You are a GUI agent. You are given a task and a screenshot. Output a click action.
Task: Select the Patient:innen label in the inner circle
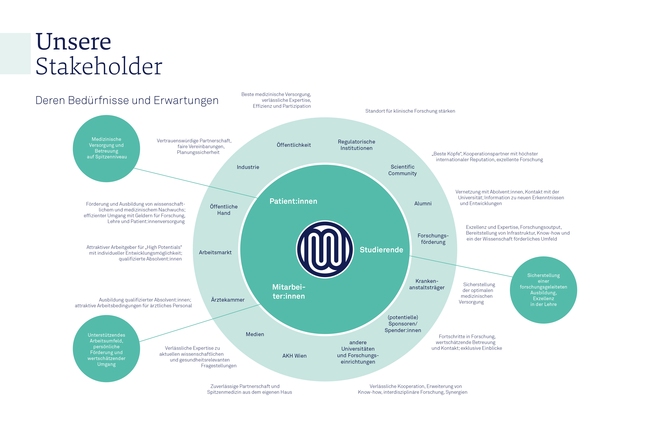(x=293, y=201)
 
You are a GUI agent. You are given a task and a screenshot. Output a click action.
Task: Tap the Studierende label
(x=381, y=250)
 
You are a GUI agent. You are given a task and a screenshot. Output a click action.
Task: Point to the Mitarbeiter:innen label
(x=289, y=292)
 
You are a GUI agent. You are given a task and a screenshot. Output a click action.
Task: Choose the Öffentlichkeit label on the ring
(x=294, y=145)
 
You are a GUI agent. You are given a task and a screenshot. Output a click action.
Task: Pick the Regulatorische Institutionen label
(x=356, y=145)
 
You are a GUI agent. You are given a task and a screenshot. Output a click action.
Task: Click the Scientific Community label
(x=402, y=170)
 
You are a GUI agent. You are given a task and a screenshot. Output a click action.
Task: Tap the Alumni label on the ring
(x=423, y=203)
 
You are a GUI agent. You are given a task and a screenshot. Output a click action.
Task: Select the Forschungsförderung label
(x=433, y=239)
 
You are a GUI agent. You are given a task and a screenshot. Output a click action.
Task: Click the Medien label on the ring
(x=255, y=334)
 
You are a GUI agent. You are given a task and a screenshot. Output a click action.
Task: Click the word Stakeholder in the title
(x=99, y=66)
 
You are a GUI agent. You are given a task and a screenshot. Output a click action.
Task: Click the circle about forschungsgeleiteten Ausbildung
(x=543, y=290)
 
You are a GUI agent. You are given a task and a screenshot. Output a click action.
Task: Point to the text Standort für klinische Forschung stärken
(x=410, y=111)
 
